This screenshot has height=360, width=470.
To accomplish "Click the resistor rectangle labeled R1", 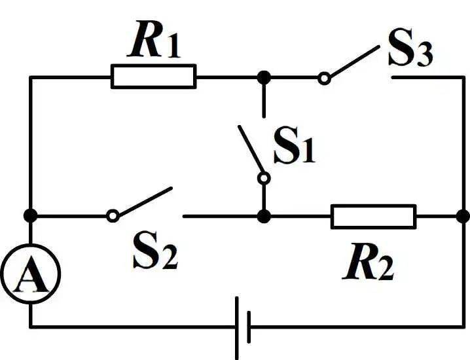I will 153,77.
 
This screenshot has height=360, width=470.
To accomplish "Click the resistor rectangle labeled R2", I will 373,216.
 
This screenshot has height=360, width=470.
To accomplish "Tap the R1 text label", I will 155,43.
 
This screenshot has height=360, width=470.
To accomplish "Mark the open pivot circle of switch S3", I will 323,79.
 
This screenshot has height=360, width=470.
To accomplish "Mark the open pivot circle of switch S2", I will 113,215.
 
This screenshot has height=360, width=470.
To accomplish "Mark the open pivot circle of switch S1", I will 263,177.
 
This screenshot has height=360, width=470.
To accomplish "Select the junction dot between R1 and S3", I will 263,77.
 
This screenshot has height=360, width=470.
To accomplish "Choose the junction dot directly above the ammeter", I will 30,215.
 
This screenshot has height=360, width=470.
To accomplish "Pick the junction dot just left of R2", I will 263,215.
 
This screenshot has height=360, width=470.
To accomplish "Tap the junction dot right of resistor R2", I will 463,215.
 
